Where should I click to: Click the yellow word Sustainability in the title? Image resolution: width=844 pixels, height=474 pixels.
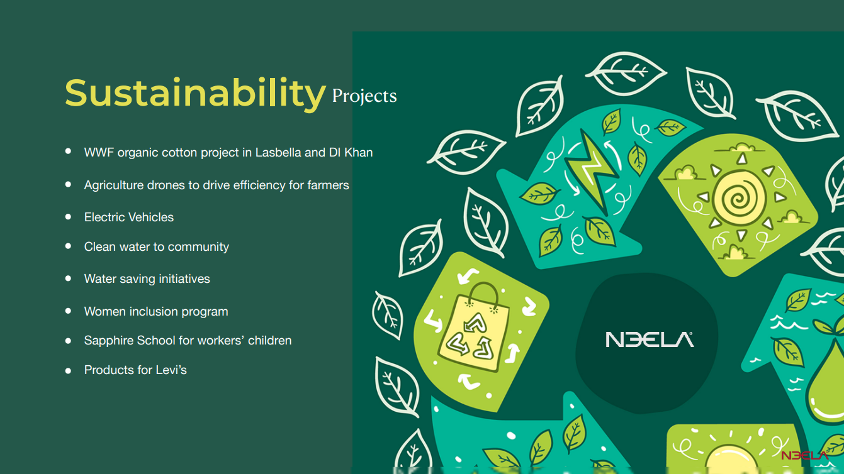pos(195,94)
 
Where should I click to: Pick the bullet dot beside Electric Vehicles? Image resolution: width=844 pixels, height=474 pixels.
pos(68,216)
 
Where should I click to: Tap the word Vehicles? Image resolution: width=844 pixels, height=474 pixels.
pos(151,218)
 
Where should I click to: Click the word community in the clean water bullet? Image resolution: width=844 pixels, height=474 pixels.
pos(198,247)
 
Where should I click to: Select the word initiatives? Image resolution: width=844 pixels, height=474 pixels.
pos(184,279)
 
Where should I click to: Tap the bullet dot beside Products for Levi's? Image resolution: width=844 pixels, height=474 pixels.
pos(68,371)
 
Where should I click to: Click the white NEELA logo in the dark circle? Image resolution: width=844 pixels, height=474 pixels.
pos(650,339)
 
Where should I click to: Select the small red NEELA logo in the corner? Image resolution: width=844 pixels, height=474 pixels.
pos(805,456)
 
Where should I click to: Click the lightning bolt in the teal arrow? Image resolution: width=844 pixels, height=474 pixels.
pos(591,169)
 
